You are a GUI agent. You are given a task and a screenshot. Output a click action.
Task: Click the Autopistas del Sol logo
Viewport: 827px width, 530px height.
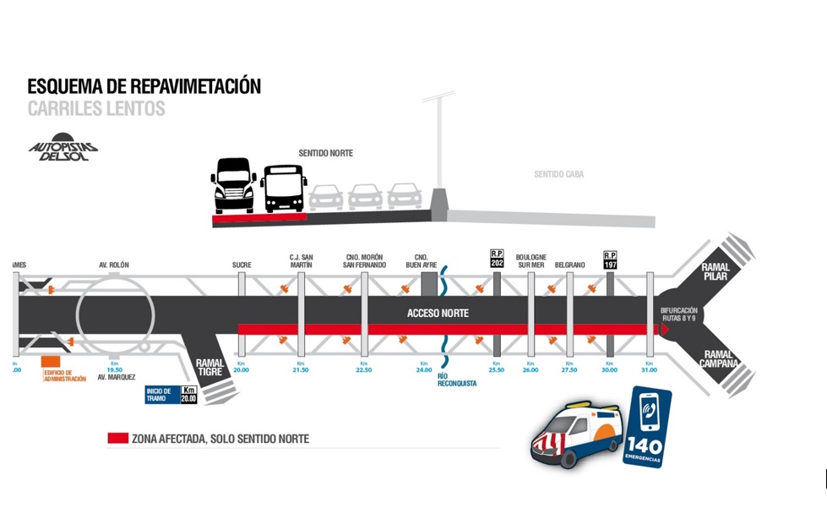pos(63,147)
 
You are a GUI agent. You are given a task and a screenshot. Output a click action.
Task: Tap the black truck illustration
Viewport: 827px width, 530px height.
pos(232,185)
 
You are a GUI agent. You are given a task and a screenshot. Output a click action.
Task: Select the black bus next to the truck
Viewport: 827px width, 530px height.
pos(284,189)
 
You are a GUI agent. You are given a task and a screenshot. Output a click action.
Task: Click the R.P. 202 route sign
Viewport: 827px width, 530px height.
pos(497,259)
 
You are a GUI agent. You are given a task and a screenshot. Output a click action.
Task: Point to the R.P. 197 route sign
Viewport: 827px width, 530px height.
pos(610,259)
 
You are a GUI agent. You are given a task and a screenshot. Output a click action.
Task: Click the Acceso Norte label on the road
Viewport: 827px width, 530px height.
pos(438,313)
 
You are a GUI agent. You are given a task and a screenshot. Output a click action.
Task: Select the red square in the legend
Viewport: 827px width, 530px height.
pos(117,439)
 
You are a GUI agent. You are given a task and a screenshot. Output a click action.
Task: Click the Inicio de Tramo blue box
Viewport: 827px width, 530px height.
pos(161,395)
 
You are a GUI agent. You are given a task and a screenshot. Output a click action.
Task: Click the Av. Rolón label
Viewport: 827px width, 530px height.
pos(114,265)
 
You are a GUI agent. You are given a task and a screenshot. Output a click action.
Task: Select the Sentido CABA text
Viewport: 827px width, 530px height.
pos(558,175)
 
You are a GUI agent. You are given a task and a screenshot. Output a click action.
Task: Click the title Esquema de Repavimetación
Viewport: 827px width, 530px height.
pos(144,86)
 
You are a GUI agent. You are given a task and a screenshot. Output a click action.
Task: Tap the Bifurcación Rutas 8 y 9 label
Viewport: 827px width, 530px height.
pos(679,314)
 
